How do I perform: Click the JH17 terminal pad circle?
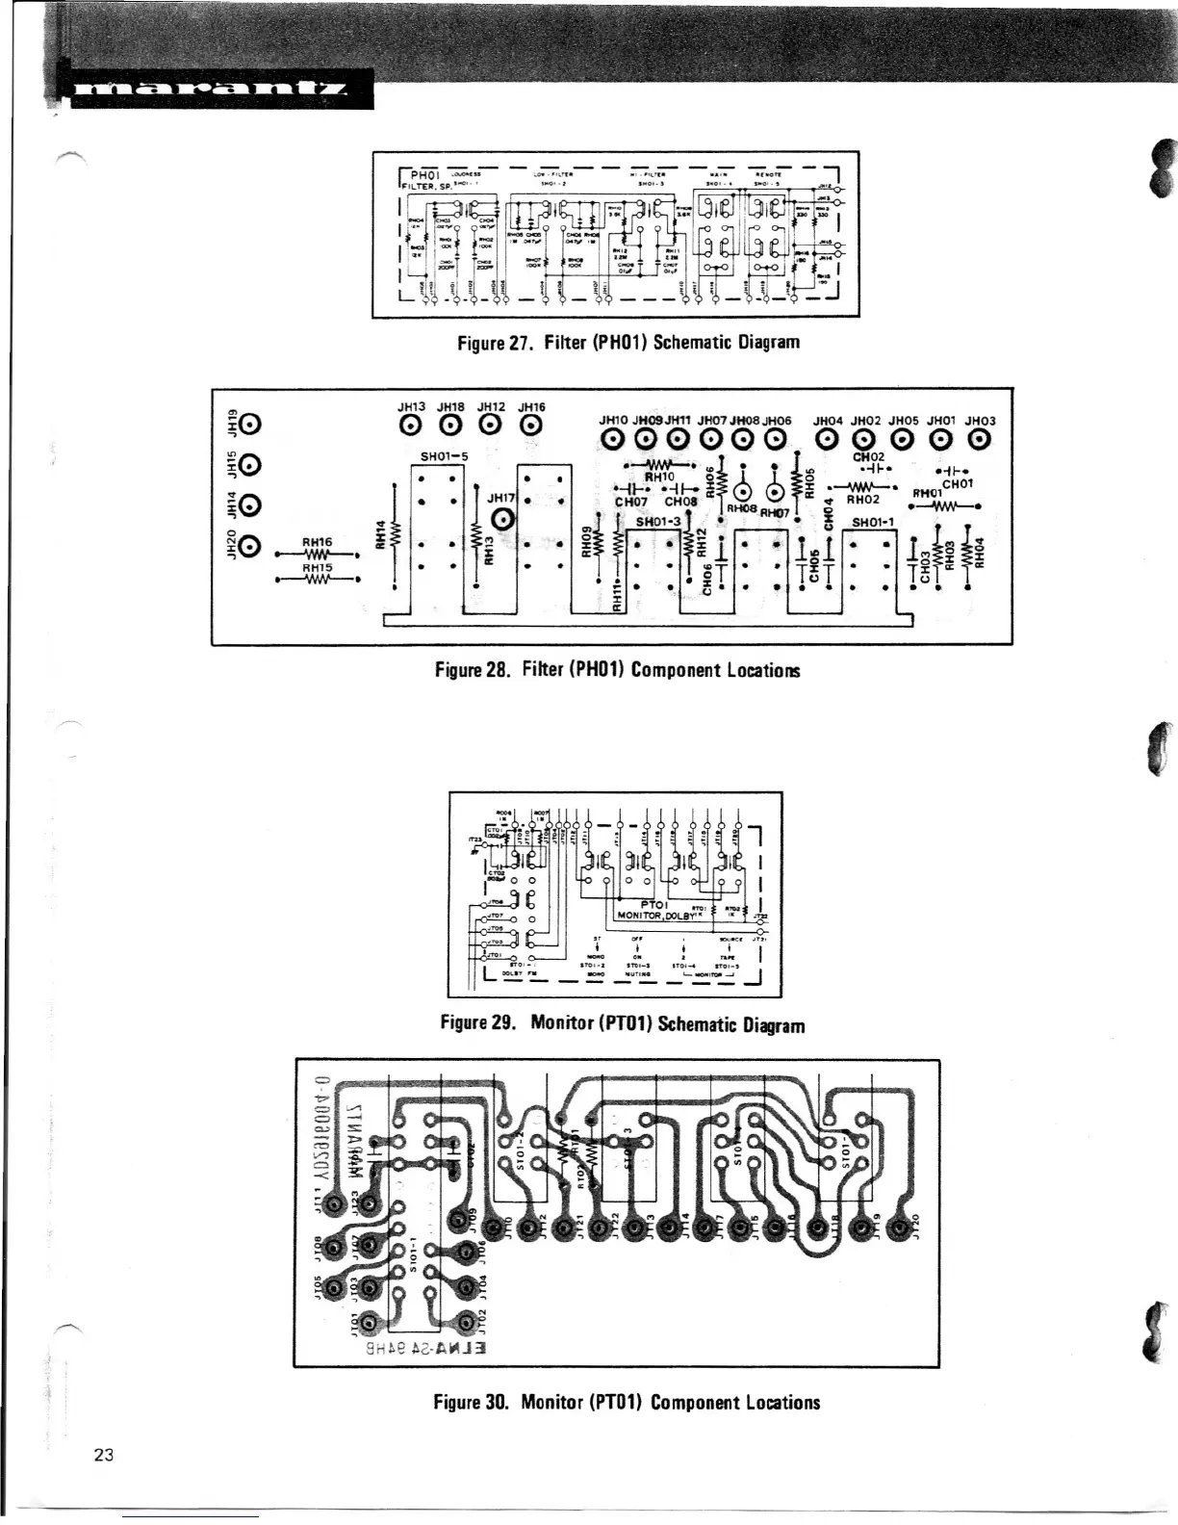pyautogui.click(x=509, y=521)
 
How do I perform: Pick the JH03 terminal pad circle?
pyautogui.click(x=979, y=441)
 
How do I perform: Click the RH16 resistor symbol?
pyautogui.click(x=317, y=556)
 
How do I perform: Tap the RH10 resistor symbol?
pyautogui.click(x=660, y=466)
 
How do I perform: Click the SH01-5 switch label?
pyautogui.click(x=445, y=455)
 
